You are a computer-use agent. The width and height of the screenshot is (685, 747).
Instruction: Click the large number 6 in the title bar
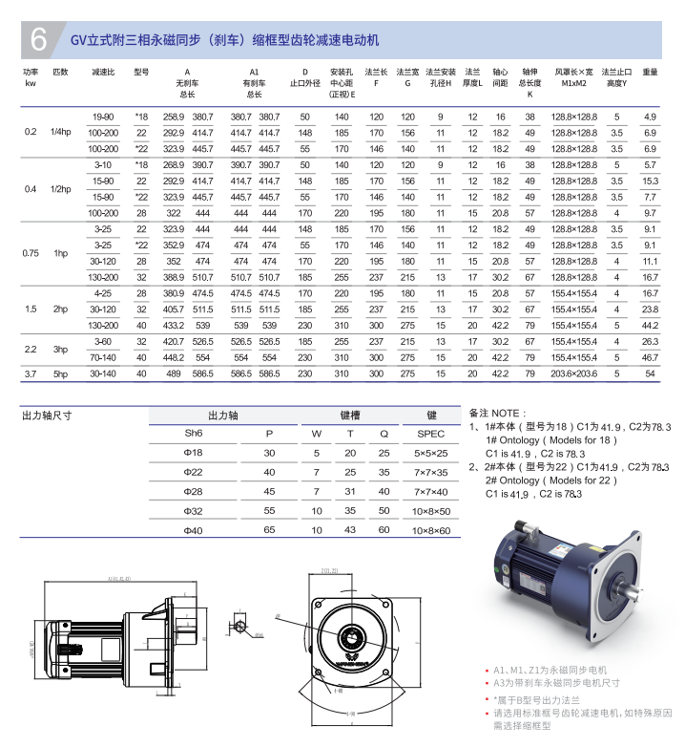point(38,39)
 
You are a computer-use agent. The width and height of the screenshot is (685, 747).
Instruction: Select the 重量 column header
point(650,72)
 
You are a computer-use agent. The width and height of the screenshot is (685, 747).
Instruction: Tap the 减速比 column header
point(103,72)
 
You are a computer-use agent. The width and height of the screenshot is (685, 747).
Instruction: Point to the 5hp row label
point(61,373)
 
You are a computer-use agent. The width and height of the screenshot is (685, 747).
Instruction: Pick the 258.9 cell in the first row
point(173,116)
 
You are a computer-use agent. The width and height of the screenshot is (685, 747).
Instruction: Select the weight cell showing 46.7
point(650,357)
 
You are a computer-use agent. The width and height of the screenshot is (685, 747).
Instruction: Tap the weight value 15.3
point(650,181)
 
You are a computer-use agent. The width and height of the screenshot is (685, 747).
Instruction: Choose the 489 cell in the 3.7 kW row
point(173,373)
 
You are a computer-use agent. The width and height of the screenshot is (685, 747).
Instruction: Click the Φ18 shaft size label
point(194,452)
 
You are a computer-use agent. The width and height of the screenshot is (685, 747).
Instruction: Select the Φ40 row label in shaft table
point(194,529)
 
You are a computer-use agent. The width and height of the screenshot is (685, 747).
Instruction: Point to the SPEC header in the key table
point(431,433)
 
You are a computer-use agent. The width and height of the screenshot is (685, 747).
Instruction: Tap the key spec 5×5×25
point(431,452)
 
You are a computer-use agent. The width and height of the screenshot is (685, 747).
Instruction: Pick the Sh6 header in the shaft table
point(194,433)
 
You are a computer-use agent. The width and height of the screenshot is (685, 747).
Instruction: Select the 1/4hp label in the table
point(61,132)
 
